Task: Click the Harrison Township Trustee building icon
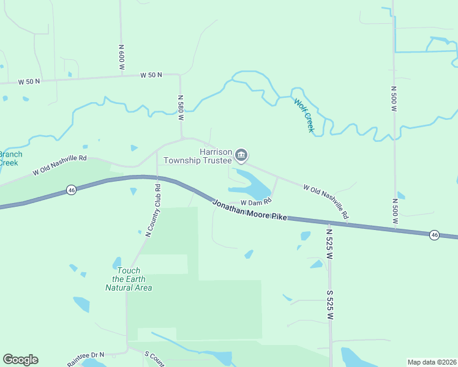coord(241,156)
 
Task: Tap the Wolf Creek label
coord(304,115)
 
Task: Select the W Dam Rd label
coord(255,202)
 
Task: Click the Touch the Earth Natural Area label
coord(129,279)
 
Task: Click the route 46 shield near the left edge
coord(71,190)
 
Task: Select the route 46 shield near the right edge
coord(434,234)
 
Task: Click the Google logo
coord(20,360)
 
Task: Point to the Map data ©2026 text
coord(431,362)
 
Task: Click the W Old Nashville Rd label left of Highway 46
coord(60,165)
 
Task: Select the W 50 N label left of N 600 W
coord(29,81)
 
